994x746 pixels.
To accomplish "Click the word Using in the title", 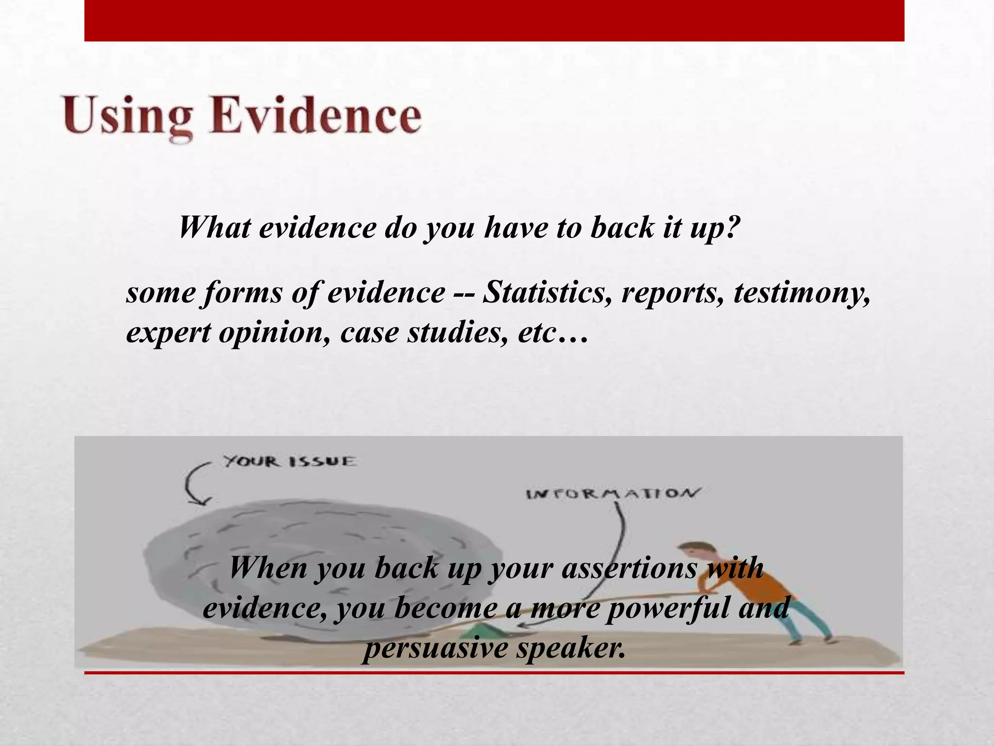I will [x=127, y=117].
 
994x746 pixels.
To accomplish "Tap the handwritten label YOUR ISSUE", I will [x=289, y=461].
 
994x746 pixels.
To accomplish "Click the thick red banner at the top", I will [x=494, y=20].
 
